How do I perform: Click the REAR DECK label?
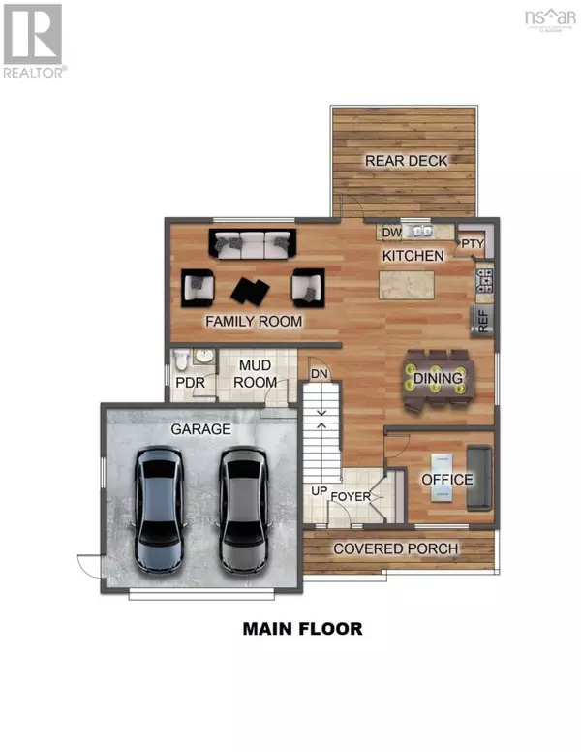407,160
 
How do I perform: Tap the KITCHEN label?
413,256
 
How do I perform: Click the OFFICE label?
447,479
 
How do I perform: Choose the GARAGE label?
201,427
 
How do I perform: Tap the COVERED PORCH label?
396,548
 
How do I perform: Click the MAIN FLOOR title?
302,629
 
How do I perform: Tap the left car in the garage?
159,508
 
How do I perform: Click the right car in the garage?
243,508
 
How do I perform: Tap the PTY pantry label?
472,243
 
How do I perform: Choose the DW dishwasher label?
391,233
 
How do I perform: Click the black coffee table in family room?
251,289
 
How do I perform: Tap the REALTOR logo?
34,42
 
